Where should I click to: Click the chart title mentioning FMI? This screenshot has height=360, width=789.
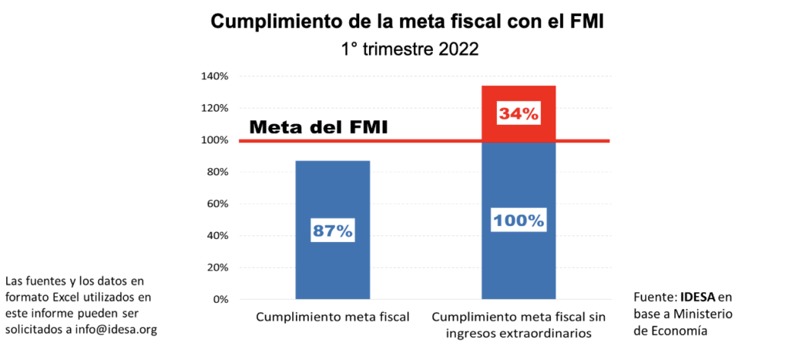407,22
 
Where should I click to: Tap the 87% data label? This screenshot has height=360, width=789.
332,229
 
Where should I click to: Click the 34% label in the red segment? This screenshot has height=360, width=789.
519,113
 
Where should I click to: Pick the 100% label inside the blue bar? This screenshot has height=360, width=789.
519,220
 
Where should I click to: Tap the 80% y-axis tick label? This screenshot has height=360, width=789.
217,172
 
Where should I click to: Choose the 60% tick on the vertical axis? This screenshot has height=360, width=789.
217,204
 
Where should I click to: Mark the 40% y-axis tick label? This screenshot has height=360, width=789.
217,236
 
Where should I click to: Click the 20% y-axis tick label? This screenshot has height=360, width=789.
217,267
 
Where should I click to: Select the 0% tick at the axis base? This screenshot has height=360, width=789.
220,299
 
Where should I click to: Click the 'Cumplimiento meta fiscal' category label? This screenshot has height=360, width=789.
332,317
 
